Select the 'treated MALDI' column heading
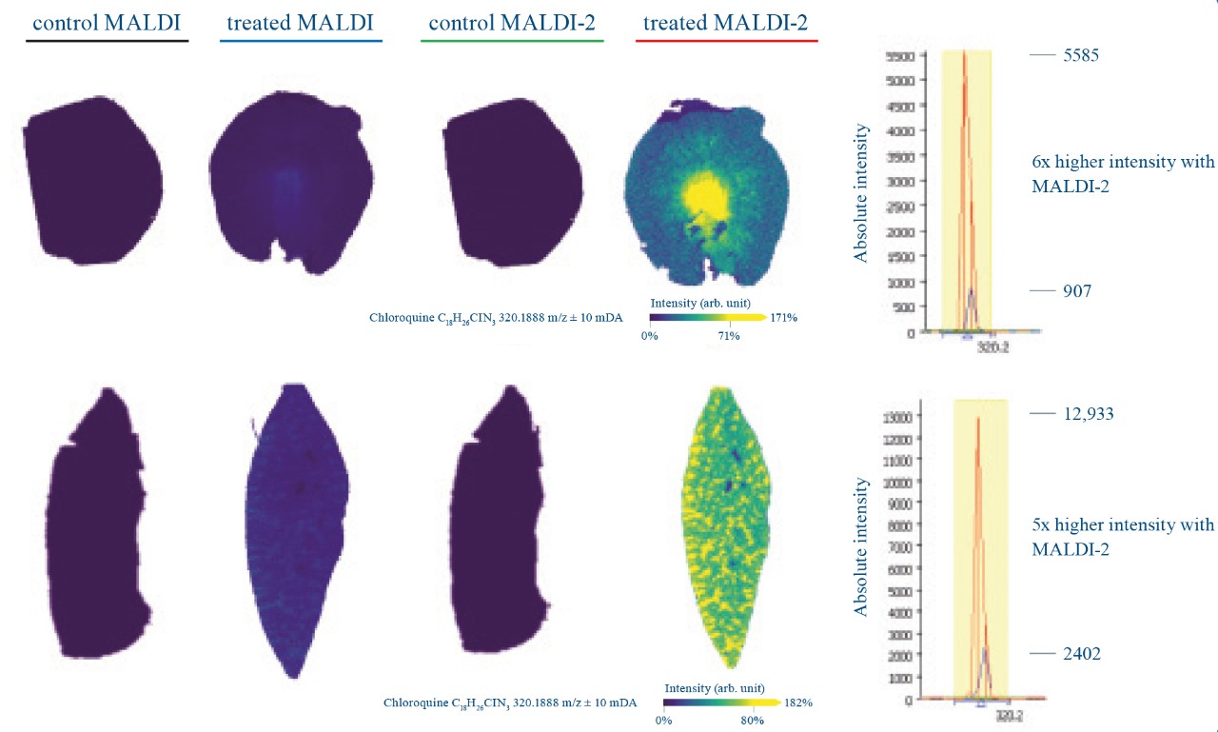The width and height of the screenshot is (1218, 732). [300, 23]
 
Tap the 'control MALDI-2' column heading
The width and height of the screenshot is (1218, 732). [511, 23]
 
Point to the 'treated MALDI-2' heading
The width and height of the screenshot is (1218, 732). [726, 23]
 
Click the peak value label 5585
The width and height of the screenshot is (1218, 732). [1080, 55]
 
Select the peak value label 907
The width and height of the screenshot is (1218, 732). [1076, 291]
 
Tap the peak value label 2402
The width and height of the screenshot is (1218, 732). [1082, 654]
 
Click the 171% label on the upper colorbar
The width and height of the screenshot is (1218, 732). [783, 317]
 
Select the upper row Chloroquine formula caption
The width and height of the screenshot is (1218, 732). [496, 318]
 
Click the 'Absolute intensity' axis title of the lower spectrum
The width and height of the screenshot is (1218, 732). [860, 546]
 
